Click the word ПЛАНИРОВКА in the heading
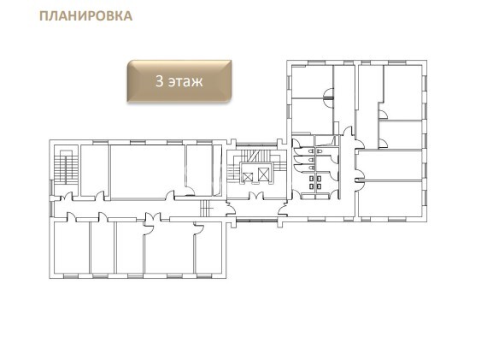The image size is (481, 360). (86, 16)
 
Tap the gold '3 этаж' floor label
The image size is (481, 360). (179, 81)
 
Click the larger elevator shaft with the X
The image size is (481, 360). (263, 174)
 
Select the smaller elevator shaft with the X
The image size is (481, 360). (248, 177)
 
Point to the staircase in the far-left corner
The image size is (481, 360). (66, 168)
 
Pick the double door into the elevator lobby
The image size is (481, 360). (256, 195)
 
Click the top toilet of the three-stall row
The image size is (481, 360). (311, 151)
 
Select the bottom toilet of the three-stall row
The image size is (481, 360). (311, 168)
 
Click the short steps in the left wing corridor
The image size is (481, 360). (204, 209)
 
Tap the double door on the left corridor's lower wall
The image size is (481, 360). (153, 216)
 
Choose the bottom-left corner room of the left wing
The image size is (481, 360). (72, 247)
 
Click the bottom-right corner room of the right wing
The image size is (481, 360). (390, 199)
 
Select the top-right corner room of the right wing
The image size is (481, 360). (402, 92)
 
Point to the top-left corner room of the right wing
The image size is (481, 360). (312, 81)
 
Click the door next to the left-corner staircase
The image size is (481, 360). (67, 197)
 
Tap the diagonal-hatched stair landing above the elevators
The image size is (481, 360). (253, 156)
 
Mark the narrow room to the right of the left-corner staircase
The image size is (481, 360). (94, 170)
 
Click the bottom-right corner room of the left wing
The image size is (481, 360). (208, 247)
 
